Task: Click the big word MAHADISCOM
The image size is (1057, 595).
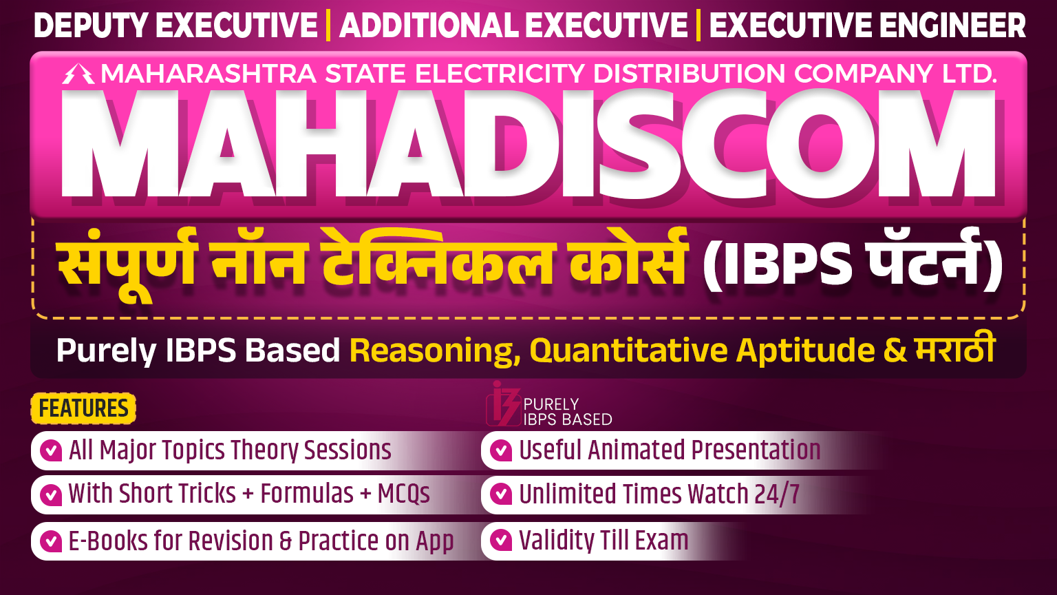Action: tap(528, 143)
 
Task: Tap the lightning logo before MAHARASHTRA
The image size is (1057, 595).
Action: tap(78, 74)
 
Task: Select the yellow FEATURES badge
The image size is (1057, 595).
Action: tap(83, 408)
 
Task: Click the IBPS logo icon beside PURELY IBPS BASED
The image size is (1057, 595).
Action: tap(503, 404)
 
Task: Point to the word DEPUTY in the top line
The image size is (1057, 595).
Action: tap(90, 25)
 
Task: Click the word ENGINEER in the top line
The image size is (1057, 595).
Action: tap(952, 25)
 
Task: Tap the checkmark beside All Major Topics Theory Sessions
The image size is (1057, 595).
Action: tap(51, 450)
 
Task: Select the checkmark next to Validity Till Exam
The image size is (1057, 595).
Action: tap(501, 540)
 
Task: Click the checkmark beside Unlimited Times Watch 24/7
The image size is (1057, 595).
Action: tap(501, 494)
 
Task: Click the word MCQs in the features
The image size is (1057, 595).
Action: tap(403, 494)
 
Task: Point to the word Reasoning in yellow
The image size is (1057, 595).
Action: tap(431, 351)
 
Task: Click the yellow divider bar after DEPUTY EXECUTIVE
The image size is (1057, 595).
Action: tap(328, 25)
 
